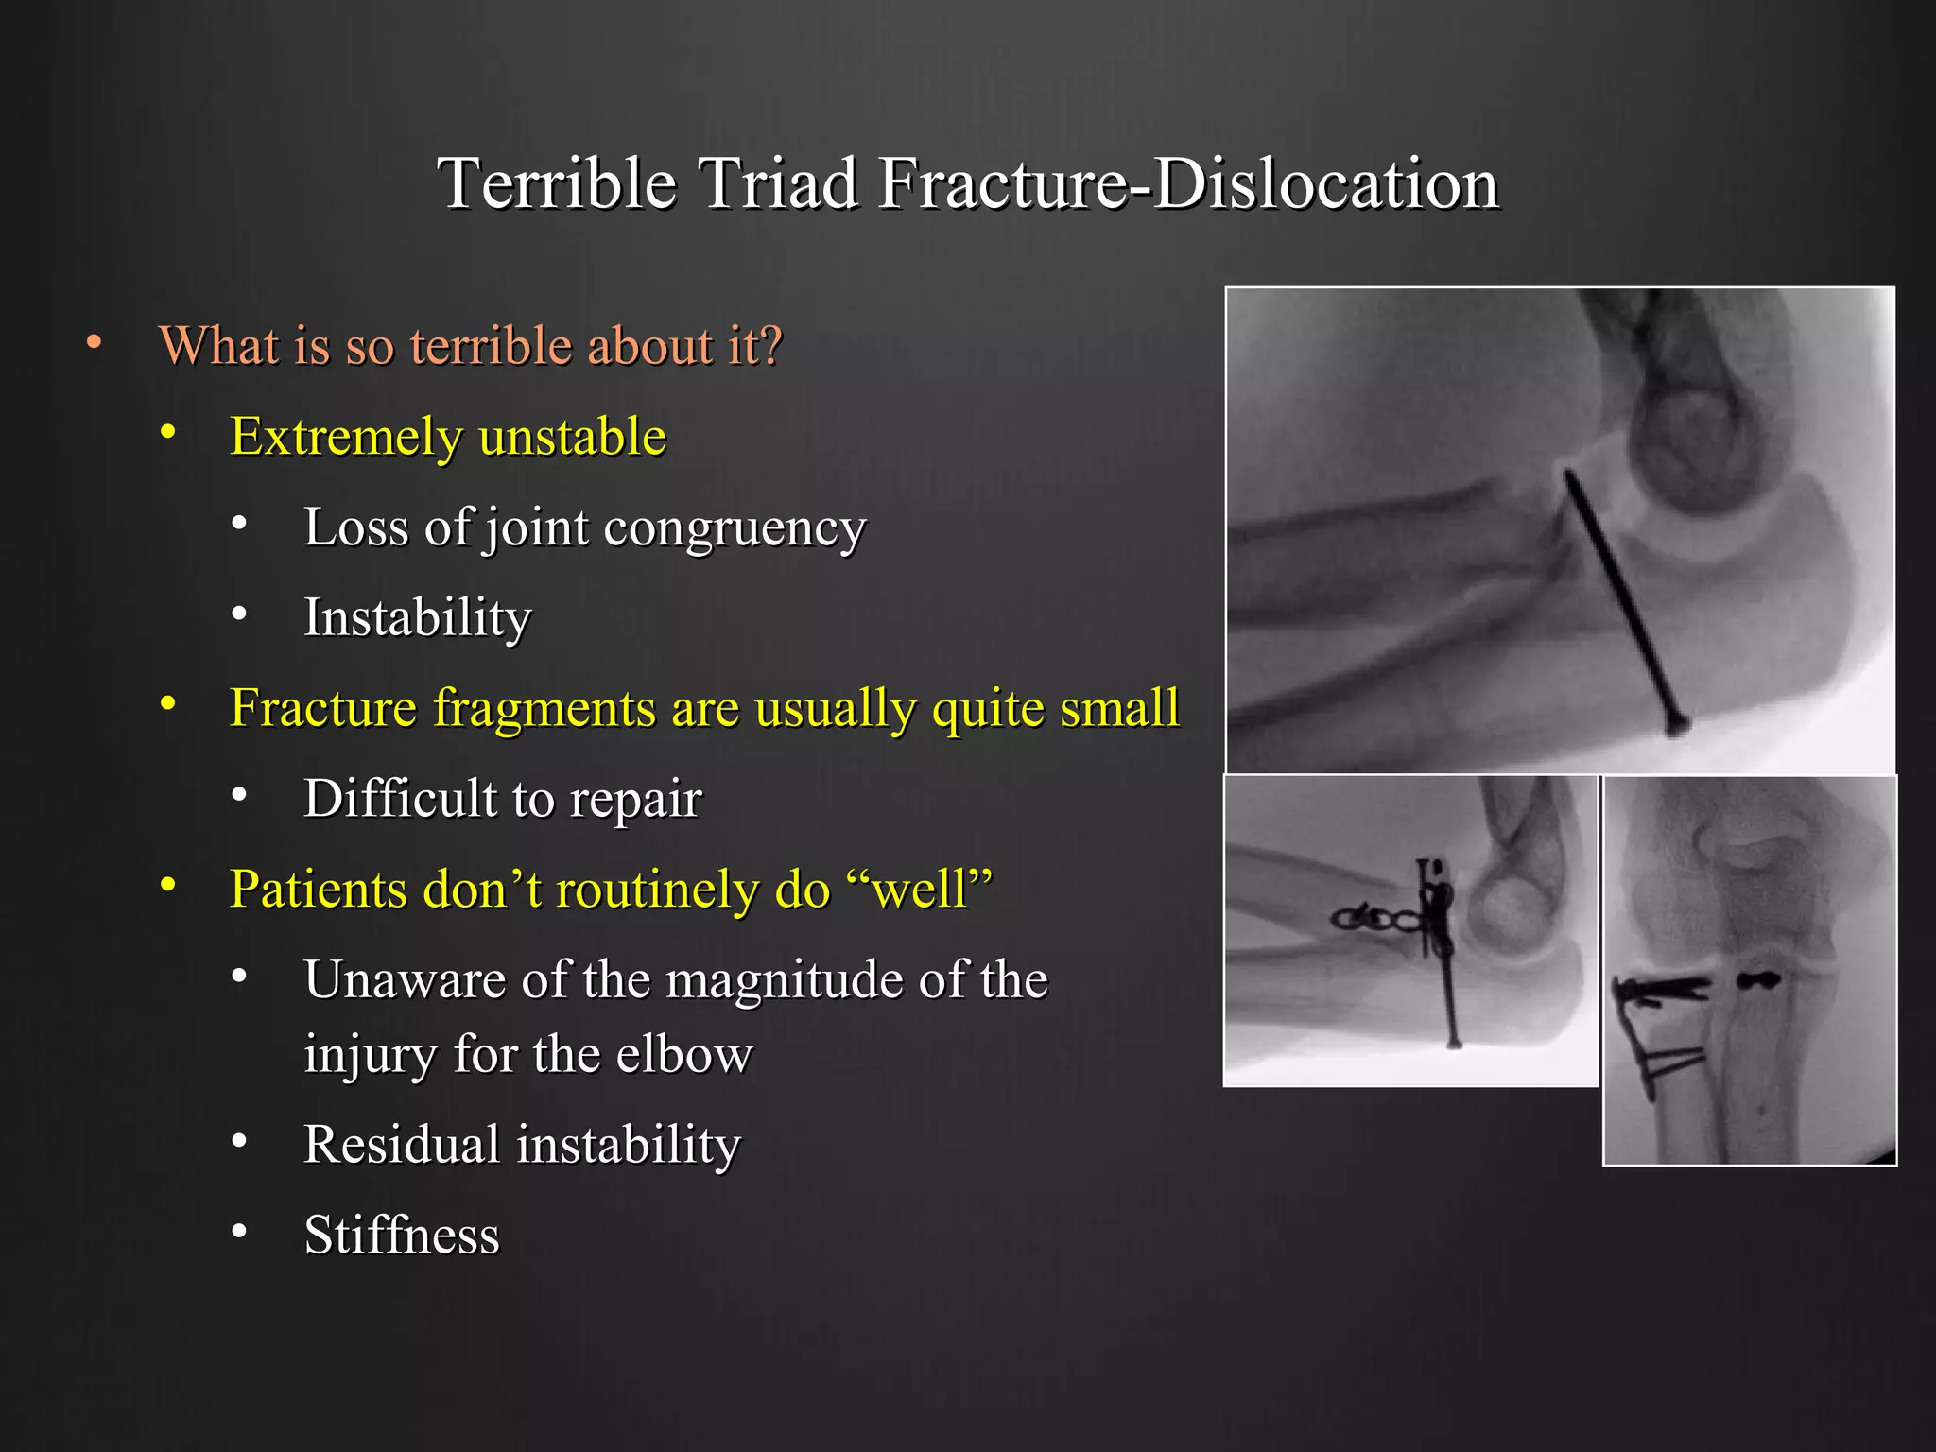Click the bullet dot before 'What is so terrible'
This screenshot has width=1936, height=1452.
[x=94, y=341]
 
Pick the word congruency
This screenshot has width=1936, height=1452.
[x=735, y=527]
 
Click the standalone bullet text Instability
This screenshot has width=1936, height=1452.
[x=417, y=617]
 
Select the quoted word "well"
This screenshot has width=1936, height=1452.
[x=920, y=890]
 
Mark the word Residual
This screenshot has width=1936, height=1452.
[x=401, y=1144]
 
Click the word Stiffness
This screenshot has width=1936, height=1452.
[x=401, y=1235]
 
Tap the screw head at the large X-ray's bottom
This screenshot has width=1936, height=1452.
[x=1677, y=726]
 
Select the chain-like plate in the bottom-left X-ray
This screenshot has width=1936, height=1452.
[x=1376, y=917]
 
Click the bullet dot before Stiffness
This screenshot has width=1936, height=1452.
[x=239, y=1231]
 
